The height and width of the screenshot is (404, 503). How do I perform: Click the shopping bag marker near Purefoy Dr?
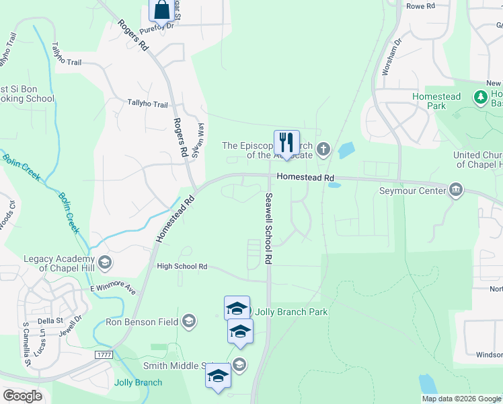click(161, 10)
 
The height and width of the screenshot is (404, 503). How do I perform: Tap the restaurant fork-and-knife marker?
click(286, 142)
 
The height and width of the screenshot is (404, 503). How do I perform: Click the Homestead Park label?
click(436, 101)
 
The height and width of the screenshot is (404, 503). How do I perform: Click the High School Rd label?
click(182, 267)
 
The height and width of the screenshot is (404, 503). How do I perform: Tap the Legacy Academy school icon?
click(104, 261)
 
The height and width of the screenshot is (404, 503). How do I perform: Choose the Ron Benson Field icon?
click(188, 321)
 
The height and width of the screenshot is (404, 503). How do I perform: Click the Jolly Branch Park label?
click(291, 312)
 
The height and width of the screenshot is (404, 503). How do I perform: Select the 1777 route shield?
click(103, 354)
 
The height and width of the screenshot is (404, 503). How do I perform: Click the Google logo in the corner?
click(22, 396)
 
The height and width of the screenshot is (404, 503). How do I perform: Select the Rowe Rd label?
click(422, 5)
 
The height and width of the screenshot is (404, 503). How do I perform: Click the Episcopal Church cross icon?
click(323, 149)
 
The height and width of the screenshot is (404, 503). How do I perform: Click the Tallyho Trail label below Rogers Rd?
click(147, 104)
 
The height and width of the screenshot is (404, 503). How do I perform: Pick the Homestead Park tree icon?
click(481, 98)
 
